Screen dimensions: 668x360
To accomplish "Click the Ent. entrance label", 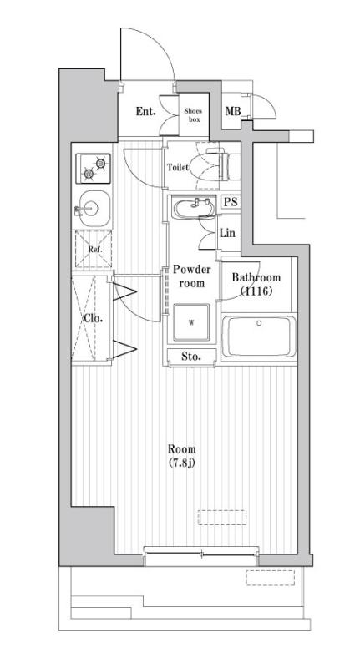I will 146,111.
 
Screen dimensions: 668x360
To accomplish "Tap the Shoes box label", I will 193,114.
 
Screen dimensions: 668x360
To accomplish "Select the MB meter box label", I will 233,112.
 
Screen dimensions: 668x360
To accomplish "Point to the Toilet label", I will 177,167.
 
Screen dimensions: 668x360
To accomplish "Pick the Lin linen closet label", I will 227,233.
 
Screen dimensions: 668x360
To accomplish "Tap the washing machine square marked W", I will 190,322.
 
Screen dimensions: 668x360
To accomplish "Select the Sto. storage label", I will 191,357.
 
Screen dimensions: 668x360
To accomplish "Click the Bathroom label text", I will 256,278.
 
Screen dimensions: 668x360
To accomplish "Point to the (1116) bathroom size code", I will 256,291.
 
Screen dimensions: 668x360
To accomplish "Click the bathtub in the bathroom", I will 259,339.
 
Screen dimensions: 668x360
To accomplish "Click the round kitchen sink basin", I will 92,205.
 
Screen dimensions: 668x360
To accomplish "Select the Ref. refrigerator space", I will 92,248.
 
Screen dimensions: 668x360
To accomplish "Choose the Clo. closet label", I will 92,318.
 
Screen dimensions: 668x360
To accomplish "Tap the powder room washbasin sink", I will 195,205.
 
